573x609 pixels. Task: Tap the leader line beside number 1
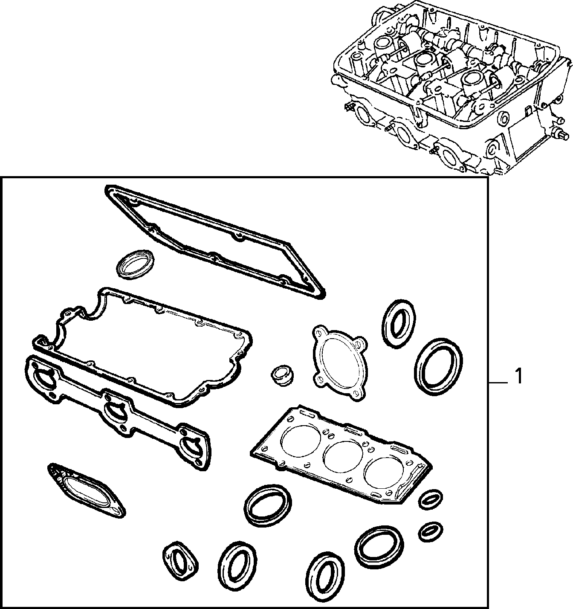tap(498, 383)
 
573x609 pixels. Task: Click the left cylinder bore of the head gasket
tap(302, 441)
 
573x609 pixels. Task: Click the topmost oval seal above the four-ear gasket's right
tap(399, 324)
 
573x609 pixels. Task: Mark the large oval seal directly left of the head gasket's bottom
tap(268, 505)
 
